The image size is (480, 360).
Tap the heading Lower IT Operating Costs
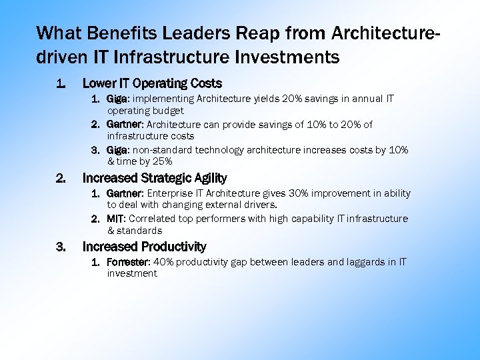(152, 83)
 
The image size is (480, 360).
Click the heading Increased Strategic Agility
(154, 178)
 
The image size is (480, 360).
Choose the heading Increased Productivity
(144, 247)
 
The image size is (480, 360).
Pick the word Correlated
(154, 219)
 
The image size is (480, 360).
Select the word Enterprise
(171, 193)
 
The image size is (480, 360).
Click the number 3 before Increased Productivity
(61, 247)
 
